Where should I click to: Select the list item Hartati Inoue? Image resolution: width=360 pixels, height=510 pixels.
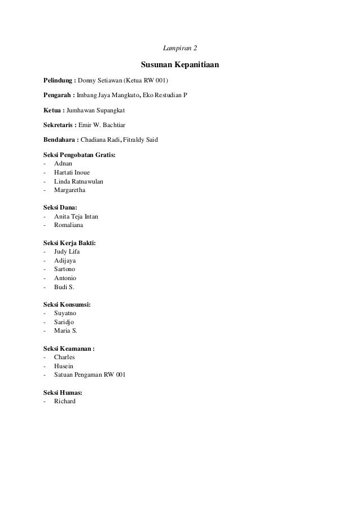point(72,172)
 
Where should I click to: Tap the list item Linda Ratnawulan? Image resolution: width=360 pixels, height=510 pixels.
point(78,181)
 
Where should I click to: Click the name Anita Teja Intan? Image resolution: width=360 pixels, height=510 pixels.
point(80,216)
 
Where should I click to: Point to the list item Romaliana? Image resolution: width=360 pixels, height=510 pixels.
point(69,225)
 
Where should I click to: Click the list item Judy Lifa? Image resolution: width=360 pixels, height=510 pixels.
point(68,252)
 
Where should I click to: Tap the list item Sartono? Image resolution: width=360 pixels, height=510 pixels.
point(65,269)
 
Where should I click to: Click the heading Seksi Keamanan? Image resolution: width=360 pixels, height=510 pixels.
point(69,348)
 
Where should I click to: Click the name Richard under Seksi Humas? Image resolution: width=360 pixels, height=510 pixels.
point(65,402)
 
